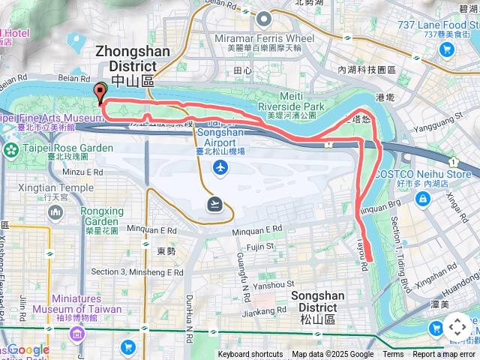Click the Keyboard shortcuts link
pyautogui.click(x=251, y=355)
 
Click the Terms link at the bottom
pyautogui.click(x=393, y=355)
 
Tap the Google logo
pyautogui.click(x=28, y=349)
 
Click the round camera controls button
pyautogui.click(x=457, y=328)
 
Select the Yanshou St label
pyautogui.click(x=273, y=284)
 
